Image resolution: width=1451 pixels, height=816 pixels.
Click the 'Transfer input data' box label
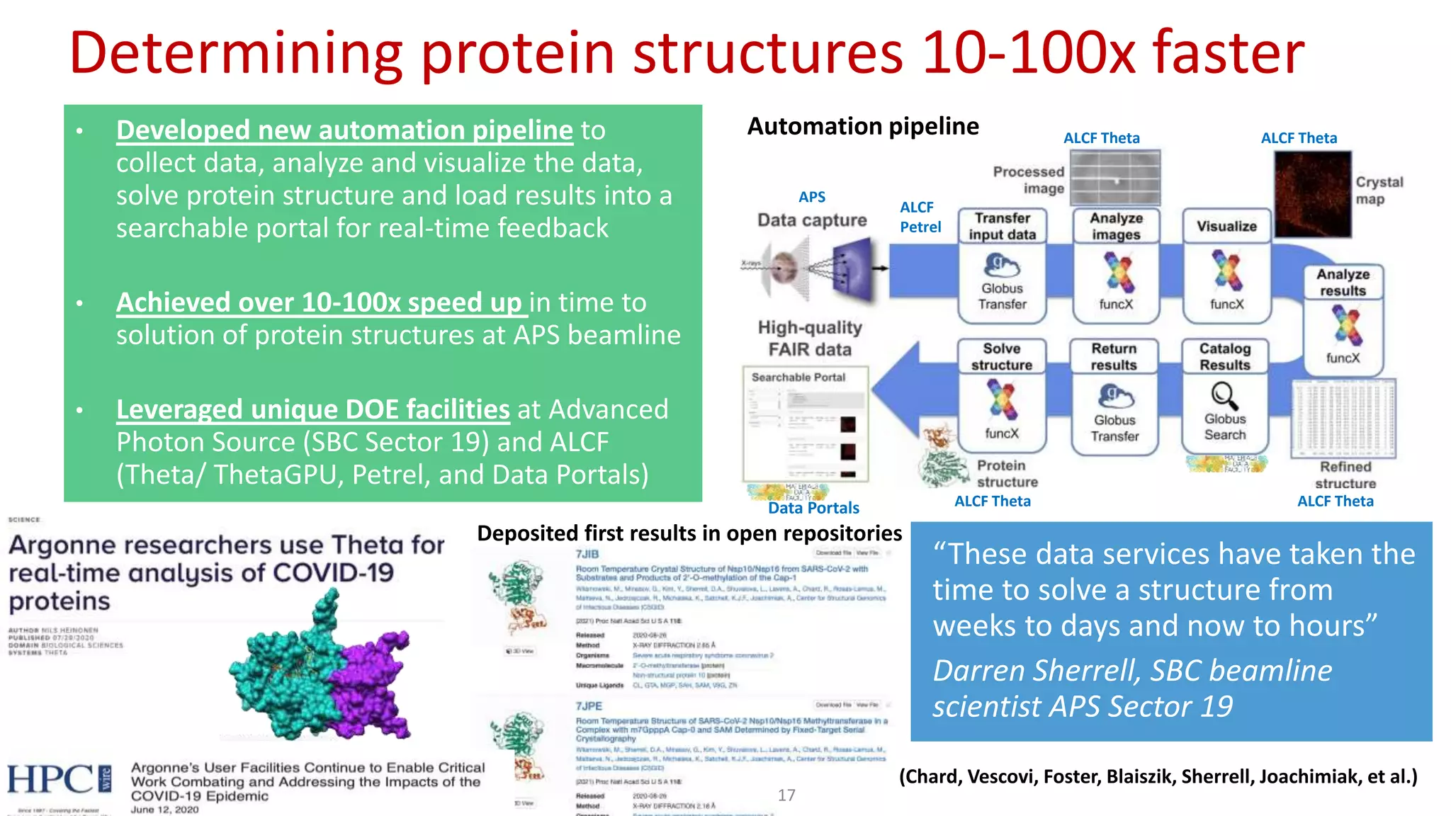(x=1002, y=226)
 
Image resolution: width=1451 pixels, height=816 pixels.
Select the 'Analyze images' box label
(x=1116, y=226)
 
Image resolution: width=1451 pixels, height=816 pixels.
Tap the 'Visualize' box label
(x=1226, y=227)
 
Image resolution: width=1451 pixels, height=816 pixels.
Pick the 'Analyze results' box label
(x=1343, y=282)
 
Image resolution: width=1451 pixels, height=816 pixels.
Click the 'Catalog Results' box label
(x=1224, y=356)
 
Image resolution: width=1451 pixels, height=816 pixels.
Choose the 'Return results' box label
(x=1114, y=356)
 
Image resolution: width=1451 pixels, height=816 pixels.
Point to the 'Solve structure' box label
(x=1001, y=356)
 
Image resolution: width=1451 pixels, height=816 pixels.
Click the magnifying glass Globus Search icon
(x=1224, y=395)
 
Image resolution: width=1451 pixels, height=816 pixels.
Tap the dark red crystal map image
(x=1312, y=193)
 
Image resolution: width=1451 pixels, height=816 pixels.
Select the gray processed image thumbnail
(x=1114, y=177)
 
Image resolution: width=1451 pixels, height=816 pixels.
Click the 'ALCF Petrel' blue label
(x=920, y=217)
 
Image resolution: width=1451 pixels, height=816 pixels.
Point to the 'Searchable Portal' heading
(x=798, y=378)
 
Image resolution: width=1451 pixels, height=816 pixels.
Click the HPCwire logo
(x=60, y=779)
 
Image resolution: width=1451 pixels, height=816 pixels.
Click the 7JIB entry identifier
(x=587, y=554)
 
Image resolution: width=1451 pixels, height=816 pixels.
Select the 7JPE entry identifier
(x=589, y=706)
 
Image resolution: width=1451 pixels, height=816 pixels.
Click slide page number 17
(x=786, y=795)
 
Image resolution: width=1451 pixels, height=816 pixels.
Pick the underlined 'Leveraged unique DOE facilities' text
(x=312, y=409)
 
